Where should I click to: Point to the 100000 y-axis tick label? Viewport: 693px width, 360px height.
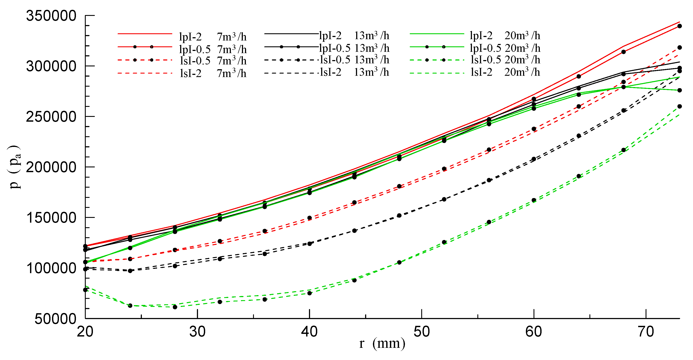[x=51, y=268]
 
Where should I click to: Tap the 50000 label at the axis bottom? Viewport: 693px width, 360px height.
[x=55, y=319]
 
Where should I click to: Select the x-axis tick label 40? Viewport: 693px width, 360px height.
[x=309, y=331]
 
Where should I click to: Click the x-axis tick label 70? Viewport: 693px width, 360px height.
[x=646, y=331]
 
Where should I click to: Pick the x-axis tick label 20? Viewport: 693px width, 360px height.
[x=85, y=331]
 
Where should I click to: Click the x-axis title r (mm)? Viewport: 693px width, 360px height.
[x=382, y=343]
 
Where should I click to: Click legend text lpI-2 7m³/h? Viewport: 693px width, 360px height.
[x=213, y=37]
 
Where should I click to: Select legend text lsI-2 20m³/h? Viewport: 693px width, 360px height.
[x=505, y=72]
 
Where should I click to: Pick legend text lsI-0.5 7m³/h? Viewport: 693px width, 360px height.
[x=213, y=61]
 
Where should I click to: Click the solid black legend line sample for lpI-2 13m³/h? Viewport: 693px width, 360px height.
[x=291, y=34]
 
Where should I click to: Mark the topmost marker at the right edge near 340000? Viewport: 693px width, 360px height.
[x=680, y=26]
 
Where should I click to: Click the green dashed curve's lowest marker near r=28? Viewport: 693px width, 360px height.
[x=175, y=307]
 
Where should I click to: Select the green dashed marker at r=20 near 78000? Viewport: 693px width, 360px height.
[x=85, y=290]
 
